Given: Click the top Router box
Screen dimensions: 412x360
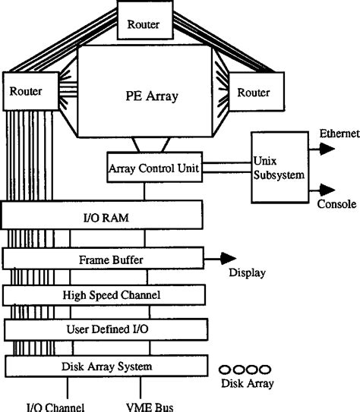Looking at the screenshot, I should [x=143, y=23].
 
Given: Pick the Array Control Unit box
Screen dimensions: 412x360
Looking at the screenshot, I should [x=154, y=168].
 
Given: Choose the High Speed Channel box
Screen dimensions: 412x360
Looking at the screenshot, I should [x=104, y=294].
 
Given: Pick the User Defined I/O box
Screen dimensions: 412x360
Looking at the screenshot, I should [x=106, y=329].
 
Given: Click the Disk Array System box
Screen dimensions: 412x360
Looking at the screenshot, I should [x=106, y=366].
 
